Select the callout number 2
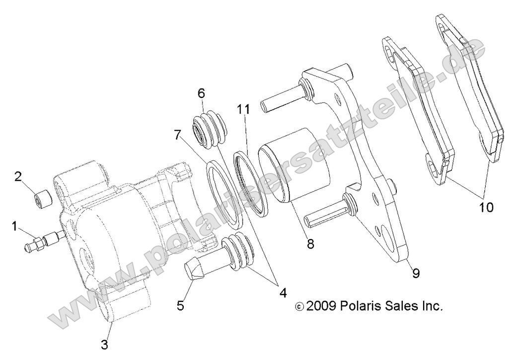(17, 177)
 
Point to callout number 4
(283, 293)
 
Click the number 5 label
(180, 305)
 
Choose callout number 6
(201, 93)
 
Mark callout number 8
(310, 244)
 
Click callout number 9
(416, 272)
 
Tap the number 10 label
(486, 207)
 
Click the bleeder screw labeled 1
(42, 240)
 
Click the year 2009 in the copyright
(321, 306)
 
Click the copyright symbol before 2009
(298, 307)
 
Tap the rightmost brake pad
(472, 94)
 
